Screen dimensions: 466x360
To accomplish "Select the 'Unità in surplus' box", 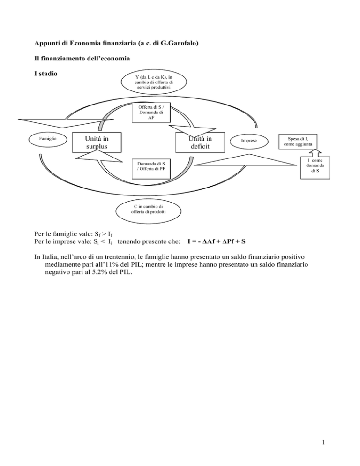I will (x=96, y=143).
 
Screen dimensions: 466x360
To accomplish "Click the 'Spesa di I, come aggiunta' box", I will (x=298, y=141).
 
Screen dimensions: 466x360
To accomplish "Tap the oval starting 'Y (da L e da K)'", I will (x=148, y=83).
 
